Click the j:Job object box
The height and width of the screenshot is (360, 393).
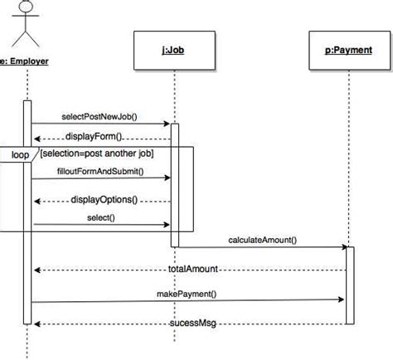coord(174,51)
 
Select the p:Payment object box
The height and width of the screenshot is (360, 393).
coord(350,51)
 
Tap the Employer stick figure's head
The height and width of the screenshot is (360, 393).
coord(26,6)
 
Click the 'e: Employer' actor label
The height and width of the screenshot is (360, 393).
coord(24,61)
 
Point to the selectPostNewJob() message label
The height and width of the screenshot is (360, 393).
coord(99,117)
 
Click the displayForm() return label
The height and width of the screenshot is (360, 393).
coord(94,136)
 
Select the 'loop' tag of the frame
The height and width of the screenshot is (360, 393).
coord(20,154)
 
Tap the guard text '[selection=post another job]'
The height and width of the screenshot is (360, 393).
coord(97,153)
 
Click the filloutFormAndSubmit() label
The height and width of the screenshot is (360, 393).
coord(100,172)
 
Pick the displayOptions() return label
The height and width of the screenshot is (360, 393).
coord(104,200)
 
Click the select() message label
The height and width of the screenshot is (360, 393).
coord(101,217)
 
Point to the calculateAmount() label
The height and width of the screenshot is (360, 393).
coord(263,240)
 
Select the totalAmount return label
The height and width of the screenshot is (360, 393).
coord(193,269)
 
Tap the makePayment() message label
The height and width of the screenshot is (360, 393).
coord(187,294)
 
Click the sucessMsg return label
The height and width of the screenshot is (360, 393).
coord(192,324)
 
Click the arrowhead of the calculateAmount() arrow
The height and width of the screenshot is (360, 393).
coord(345,247)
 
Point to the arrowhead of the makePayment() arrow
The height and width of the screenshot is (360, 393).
coord(341,299)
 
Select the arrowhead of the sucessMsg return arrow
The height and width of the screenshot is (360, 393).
coord(37,324)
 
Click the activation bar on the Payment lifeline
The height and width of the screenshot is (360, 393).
coord(350,285)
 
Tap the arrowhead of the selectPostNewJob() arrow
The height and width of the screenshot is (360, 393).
coord(167,124)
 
